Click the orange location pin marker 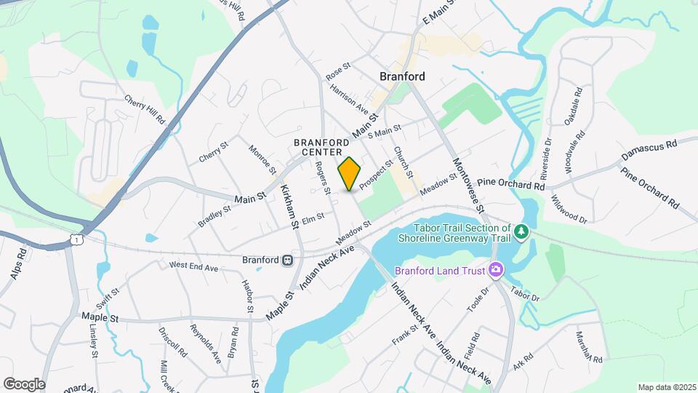pyautogui.click(x=350, y=174)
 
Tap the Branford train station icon pyautogui.click(x=289, y=260)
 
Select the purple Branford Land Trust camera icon pyautogui.click(x=497, y=271)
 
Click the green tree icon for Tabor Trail pyautogui.click(x=521, y=231)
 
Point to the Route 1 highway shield pyautogui.click(x=76, y=239)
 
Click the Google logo pyautogui.click(x=23, y=384)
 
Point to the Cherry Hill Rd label pyautogui.click(x=145, y=110)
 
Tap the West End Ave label pyautogui.click(x=194, y=267)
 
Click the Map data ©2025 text pyautogui.click(x=666, y=387)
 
